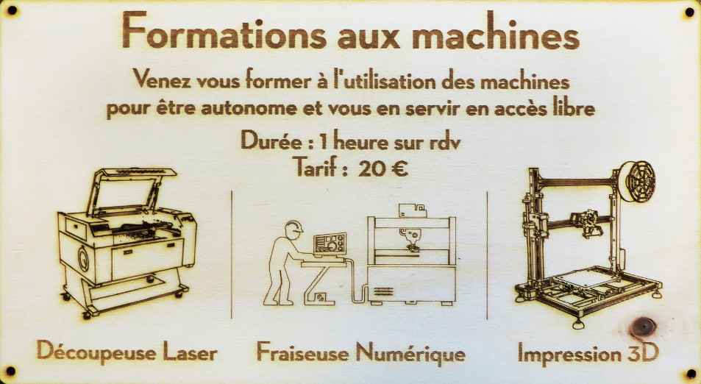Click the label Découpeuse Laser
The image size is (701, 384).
point(127,352)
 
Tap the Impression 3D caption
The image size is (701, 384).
point(588,353)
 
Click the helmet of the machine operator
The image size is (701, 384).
point(293,227)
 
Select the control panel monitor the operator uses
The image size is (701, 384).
point(330,244)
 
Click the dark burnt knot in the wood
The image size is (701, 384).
point(642,327)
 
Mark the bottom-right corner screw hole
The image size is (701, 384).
point(691,374)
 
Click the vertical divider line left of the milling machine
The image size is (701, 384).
point(232,255)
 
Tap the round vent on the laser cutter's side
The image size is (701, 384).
point(84,258)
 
